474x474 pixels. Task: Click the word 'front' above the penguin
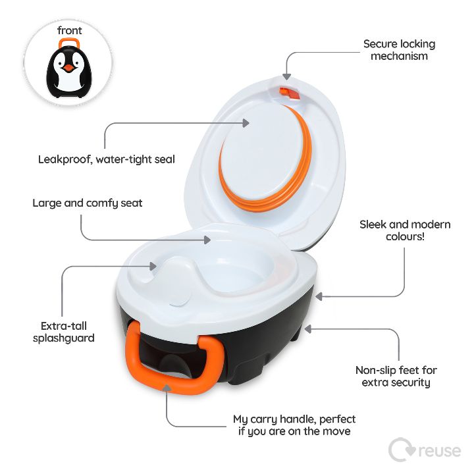(70, 30)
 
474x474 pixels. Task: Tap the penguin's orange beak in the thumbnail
(68, 68)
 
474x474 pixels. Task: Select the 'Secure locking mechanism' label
(399, 50)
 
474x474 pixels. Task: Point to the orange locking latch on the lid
(289, 93)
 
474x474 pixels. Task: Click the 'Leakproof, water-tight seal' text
(107, 159)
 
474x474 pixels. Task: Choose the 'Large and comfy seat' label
(88, 203)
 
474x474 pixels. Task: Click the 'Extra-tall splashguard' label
(63, 332)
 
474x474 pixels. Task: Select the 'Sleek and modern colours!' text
(405, 230)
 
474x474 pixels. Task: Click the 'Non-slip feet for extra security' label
(396, 376)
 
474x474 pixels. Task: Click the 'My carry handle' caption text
(294, 425)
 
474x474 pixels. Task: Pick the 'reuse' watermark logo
(425, 450)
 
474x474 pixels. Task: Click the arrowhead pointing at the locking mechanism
(287, 76)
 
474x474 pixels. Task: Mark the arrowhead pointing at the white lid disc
(246, 123)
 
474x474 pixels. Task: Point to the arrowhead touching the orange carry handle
(167, 388)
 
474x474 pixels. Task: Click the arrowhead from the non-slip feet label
(307, 329)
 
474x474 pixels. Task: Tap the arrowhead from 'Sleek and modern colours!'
(319, 296)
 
